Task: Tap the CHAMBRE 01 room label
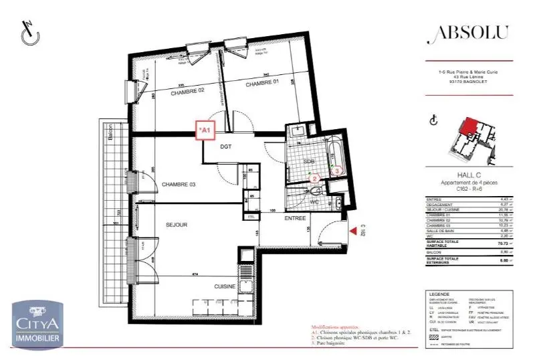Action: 262,84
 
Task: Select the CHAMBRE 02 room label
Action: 187,94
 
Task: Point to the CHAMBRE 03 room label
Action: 178,185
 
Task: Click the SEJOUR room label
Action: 177,225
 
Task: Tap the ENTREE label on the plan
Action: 295,218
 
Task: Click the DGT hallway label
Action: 225,147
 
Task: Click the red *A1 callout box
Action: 204,130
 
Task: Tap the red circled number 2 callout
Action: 315,179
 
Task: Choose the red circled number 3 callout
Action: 338,171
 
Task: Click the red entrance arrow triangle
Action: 353,232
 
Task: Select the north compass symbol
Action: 29,33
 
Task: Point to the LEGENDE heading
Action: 439,294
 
